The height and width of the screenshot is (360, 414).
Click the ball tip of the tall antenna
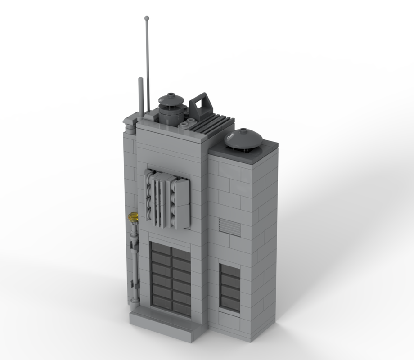[147, 18]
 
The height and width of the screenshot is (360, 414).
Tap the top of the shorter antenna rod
[140, 80]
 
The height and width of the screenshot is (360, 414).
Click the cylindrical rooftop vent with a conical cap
[171, 109]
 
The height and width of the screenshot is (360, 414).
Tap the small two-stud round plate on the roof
[189, 123]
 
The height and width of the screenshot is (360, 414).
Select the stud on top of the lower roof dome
[244, 131]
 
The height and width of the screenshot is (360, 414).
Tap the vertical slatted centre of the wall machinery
[161, 200]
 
